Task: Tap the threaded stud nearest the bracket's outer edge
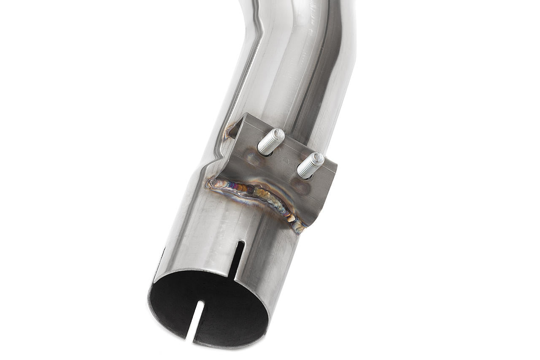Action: click(x=310, y=165)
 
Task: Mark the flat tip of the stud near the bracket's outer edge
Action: click(x=317, y=158)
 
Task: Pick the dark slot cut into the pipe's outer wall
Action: click(x=237, y=260)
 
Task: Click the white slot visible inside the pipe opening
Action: click(x=194, y=319)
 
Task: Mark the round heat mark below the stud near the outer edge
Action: click(x=300, y=186)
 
